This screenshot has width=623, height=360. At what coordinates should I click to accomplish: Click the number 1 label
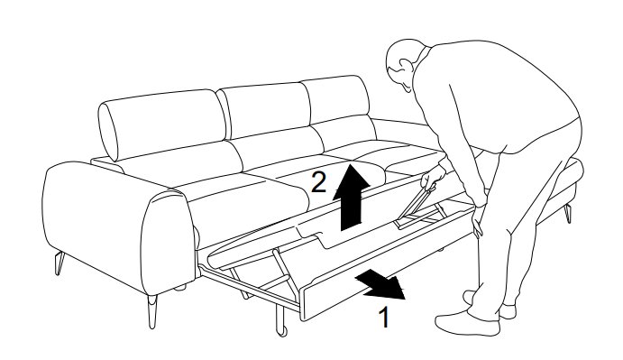coord(383,317)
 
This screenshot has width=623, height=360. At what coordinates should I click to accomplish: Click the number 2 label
coord(318,181)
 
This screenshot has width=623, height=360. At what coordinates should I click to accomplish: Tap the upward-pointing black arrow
coord(352,197)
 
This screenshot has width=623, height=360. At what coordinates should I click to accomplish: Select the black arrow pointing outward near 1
coord(380,284)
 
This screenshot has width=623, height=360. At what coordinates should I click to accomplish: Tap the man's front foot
coord(467,324)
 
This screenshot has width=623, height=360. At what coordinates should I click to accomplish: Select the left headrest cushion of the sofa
coord(160,125)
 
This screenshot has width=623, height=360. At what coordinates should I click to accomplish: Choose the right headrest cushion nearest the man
coord(336,99)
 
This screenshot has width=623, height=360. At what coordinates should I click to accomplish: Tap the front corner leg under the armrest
coord(152,311)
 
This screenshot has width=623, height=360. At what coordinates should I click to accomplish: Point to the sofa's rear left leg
coord(60,263)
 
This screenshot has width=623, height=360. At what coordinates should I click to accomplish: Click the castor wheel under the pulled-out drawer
coord(282,331)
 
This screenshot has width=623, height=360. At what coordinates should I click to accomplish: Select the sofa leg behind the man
coord(568,214)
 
